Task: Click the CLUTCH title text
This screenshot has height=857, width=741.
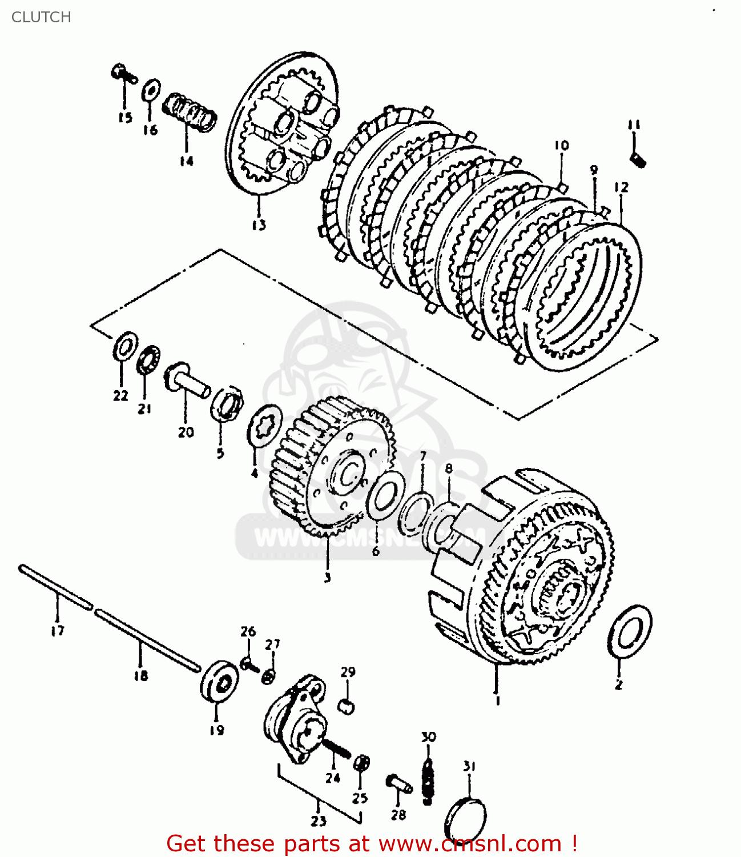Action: [x=41, y=17]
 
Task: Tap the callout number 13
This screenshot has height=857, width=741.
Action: [x=259, y=225]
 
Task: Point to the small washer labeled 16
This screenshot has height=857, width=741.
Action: [x=150, y=90]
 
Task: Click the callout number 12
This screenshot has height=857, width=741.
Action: [x=621, y=187]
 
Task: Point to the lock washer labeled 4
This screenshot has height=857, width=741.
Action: [x=265, y=426]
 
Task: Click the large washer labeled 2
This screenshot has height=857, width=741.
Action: [x=630, y=631]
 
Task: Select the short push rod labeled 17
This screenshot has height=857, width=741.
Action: [x=55, y=587]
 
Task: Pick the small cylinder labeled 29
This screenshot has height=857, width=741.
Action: [x=347, y=706]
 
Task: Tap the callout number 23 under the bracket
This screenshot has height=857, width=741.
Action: [x=318, y=821]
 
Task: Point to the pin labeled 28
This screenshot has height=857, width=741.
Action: [x=399, y=784]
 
